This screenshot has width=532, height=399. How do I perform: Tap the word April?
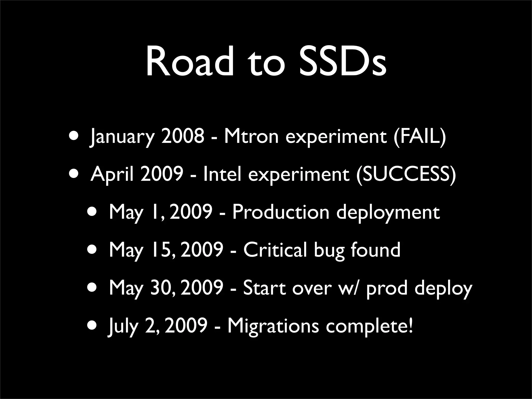(112, 175)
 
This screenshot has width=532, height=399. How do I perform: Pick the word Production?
(281, 212)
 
